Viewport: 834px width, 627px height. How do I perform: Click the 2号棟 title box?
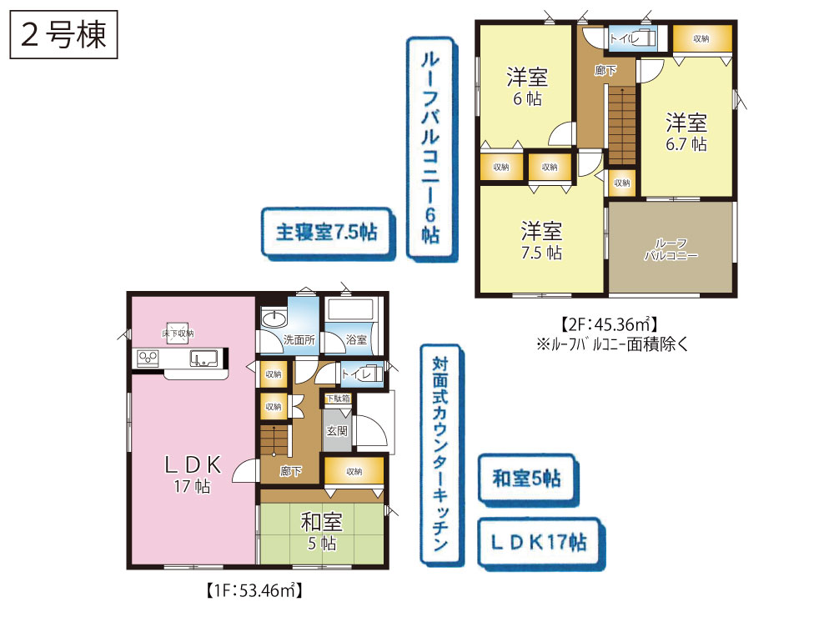point(63,34)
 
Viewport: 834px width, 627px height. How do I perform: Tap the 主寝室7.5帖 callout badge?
point(327,233)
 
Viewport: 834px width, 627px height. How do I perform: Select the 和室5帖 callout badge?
point(526,479)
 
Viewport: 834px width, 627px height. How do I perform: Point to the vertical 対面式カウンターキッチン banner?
point(440,454)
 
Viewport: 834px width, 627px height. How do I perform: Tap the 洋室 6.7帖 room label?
point(686,133)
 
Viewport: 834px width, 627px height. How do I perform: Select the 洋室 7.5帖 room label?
point(541,241)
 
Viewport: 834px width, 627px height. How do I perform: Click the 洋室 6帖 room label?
point(527,88)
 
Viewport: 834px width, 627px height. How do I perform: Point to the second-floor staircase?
point(622,126)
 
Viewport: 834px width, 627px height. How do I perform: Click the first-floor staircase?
point(274,440)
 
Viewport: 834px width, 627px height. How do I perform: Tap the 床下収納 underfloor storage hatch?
point(178,334)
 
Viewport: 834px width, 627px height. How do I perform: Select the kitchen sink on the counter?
point(203,359)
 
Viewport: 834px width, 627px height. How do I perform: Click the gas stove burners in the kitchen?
point(148,358)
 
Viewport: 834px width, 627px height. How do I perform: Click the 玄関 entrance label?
point(337,430)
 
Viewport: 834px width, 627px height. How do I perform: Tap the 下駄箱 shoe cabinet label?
point(339,399)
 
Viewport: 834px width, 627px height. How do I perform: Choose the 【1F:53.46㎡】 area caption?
point(254,590)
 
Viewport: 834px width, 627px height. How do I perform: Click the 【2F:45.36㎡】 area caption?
point(610,324)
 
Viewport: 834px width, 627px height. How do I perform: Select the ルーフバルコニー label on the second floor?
point(671,249)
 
